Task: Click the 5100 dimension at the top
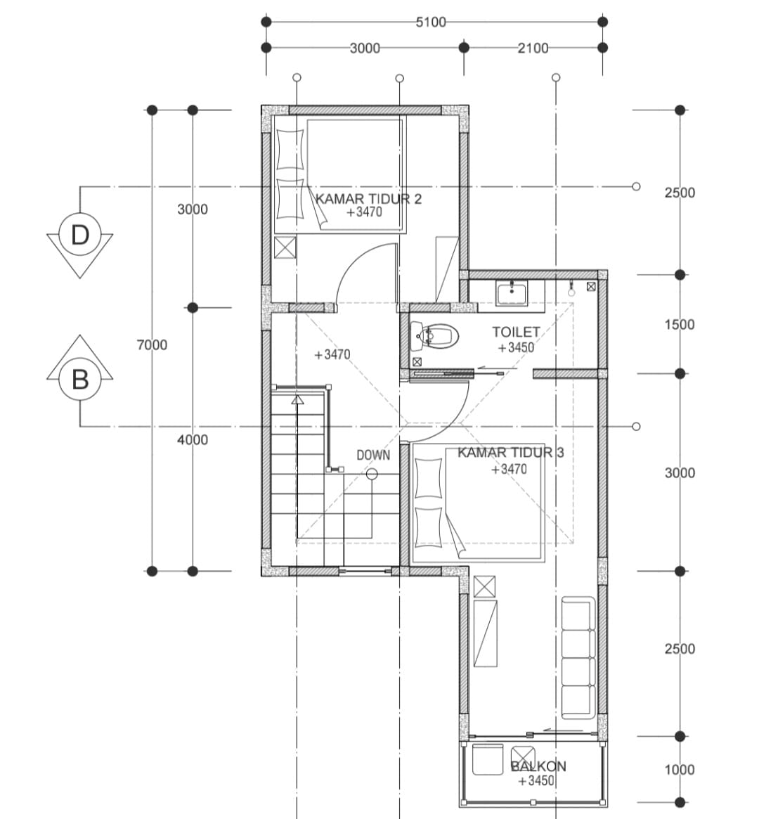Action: (x=431, y=22)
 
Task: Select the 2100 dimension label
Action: (x=533, y=48)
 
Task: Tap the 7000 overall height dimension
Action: (x=152, y=344)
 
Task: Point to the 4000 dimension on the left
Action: (x=193, y=440)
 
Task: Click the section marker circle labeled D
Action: (x=80, y=235)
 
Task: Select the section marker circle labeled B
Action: (x=80, y=379)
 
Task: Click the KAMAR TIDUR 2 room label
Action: (x=368, y=199)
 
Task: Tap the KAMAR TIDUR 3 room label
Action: (x=510, y=452)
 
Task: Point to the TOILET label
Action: (x=516, y=332)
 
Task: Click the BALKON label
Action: (x=538, y=766)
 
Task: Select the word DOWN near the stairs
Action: (x=373, y=456)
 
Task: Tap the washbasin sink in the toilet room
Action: (x=512, y=294)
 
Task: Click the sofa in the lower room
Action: (x=578, y=657)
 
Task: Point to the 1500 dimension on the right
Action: (x=680, y=325)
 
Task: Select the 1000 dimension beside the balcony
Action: (x=680, y=770)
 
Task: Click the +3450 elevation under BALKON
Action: (x=536, y=781)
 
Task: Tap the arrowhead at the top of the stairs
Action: (x=297, y=400)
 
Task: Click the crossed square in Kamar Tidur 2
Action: (x=285, y=247)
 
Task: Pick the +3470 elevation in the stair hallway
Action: (x=332, y=354)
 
